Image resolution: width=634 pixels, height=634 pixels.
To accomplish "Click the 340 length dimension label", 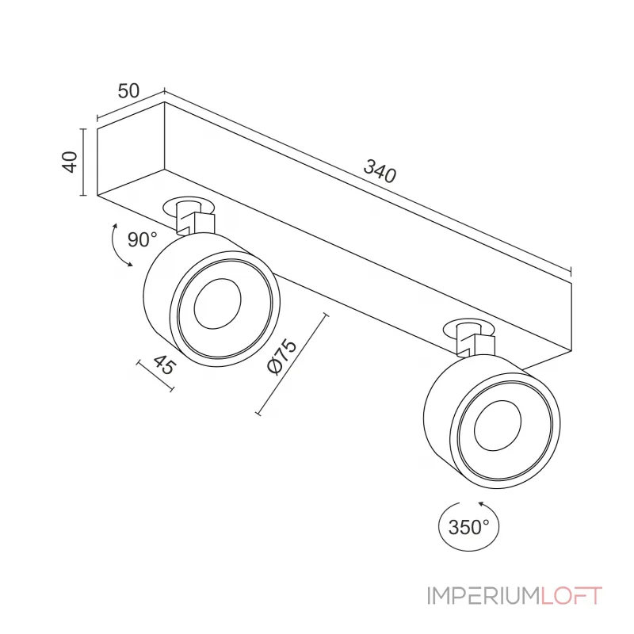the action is tap(380, 171).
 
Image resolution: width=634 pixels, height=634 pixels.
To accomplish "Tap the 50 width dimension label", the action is tap(128, 91).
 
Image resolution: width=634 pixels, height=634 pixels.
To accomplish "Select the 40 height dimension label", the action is tap(70, 162).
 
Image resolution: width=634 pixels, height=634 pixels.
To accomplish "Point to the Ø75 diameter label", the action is tap(282, 357).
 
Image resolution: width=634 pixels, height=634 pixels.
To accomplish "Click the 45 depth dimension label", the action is tap(165, 365).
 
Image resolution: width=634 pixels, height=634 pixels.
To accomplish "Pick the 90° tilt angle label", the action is tap(142, 240).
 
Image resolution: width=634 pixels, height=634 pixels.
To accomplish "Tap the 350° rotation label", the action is tap(468, 527).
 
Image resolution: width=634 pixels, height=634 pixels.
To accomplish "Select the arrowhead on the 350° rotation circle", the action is tap(482, 504).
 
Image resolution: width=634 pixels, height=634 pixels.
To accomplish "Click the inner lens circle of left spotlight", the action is tap(217, 304).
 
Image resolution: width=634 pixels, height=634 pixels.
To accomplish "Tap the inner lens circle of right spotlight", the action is tap(498, 426).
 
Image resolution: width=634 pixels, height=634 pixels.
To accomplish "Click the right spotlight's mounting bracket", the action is tap(475, 341).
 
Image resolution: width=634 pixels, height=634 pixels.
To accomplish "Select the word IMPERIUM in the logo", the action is tap(483, 596).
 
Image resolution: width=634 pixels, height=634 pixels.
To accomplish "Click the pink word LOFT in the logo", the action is tap(571, 596).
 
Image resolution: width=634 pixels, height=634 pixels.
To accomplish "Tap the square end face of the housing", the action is tap(131, 148).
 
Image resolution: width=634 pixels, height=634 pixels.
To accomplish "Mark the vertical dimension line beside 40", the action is tap(83, 162).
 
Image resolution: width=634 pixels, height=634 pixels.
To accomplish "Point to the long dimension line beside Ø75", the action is tap(292, 364).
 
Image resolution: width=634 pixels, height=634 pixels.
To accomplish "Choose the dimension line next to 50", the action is tap(131, 104).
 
